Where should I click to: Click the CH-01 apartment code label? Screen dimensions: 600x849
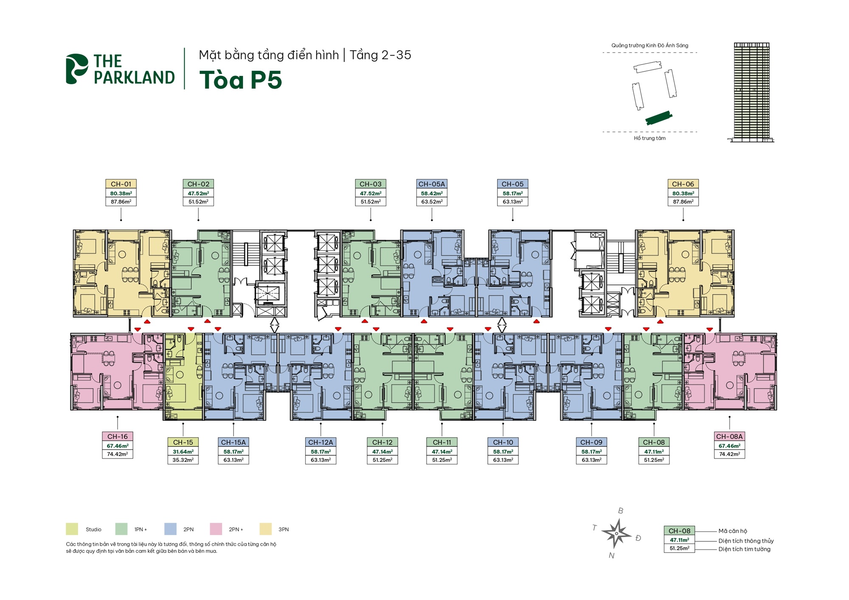click(121, 184)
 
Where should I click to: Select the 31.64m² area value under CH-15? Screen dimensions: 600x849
click(183, 452)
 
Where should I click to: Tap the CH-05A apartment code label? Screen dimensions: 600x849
click(431, 184)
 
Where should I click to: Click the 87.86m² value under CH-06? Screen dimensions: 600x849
click(683, 202)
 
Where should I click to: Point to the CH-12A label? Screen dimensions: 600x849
click(320, 442)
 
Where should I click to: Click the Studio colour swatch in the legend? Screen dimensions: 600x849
click(72, 529)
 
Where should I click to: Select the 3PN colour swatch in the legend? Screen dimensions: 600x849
click(265, 529)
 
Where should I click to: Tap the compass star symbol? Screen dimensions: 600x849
click(616, 534)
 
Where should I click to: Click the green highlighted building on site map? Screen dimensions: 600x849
click(658, 118)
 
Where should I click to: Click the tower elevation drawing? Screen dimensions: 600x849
click(751, 92)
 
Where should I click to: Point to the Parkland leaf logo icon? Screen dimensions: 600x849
click(76, 69)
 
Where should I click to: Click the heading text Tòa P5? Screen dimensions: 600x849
click(240, 80)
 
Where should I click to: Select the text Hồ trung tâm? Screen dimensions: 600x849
click(649, 138)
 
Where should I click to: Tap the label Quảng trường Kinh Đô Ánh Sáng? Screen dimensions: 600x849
click(649, 45)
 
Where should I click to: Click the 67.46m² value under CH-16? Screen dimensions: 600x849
click(118, 446)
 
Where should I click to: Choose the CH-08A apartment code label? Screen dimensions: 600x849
click(729, 436)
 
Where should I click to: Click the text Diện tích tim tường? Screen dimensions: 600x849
click(744, 549)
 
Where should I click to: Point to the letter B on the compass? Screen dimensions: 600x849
click(621, 511)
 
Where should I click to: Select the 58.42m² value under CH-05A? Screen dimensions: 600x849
click(431, 193)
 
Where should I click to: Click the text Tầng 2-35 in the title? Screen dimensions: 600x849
click(380, 55)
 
